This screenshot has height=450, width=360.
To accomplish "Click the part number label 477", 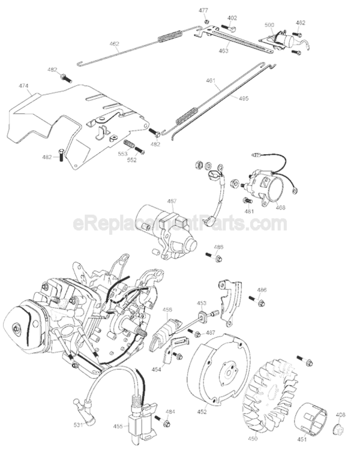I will pyautogui.click(x=203, y=11).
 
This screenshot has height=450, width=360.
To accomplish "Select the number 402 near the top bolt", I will pyautogui.click(x=232, y=19).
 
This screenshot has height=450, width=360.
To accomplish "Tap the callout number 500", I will pyautogui.click(x=269, y=25).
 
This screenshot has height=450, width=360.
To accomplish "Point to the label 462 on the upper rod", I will pyautogui.click(x=115, y=44).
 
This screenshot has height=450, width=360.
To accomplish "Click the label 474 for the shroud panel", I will pyautogui.click(x=23, y=86).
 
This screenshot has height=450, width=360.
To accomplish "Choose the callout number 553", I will pyautogui.click(x=122, y=154).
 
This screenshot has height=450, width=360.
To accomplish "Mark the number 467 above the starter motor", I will pyautogui.click(x=172, y=201).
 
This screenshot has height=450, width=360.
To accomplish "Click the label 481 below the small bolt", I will pyautogui.click(x=249, y=211).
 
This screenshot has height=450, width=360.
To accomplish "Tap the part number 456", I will pyautogui.click(x=167, y=310).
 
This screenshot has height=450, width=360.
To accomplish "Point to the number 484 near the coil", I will pyautogui.click(x=170, y=412).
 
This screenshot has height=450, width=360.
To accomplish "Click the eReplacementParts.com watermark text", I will pyautogui.click(x=180, y=223).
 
